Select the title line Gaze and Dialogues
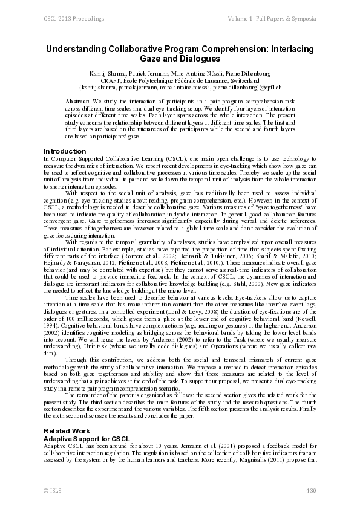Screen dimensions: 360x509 coord(179,60)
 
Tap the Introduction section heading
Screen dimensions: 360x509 coord(65,151)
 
